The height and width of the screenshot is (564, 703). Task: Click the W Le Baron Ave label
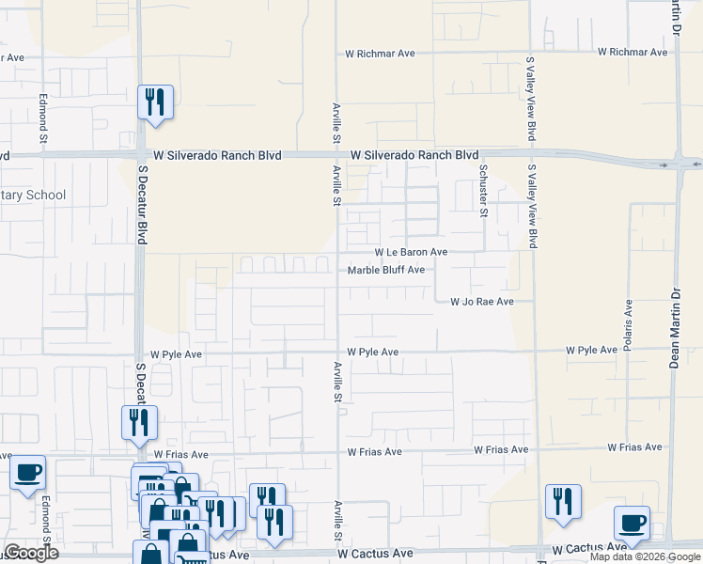point(411,252)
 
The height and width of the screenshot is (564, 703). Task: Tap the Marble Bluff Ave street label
point(386,270)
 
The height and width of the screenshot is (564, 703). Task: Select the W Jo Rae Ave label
point(481,302)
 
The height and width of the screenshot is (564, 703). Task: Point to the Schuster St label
point(484,191)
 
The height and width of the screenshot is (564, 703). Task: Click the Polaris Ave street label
point(628,321)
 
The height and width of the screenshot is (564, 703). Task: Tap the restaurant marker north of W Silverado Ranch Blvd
point(155,102)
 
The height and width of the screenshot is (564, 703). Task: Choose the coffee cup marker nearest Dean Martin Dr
point(632,523)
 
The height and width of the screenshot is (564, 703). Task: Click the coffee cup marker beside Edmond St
point(27,471)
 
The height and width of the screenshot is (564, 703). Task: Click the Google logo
point(32,553)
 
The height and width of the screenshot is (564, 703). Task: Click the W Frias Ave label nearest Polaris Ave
point(635,448)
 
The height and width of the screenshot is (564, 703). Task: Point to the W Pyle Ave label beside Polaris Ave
point(591,350)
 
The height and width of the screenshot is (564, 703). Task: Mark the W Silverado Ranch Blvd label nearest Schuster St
point(414,155)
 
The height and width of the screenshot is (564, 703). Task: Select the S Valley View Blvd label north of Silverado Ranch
point(531,99)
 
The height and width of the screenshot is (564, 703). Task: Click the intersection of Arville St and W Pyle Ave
point(337,352)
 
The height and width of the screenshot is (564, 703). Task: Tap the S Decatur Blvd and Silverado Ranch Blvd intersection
point(141,155)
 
